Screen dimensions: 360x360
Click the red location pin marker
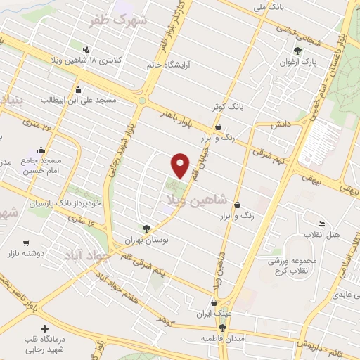coord(181,165)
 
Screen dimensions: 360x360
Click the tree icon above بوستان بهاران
coord(146,229)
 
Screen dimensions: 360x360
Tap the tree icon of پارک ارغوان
coord(297,51)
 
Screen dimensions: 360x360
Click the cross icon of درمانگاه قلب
coord(45,328)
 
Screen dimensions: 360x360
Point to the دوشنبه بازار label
coord(27,251)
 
